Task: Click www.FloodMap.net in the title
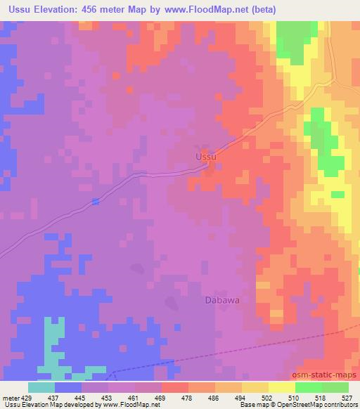point(208,9)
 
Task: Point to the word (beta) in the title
point(260,9)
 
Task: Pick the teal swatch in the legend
point(41,387)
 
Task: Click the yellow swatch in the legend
point(282,387)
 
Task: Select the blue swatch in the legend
point(68,387)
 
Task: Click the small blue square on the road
point(96,202)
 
